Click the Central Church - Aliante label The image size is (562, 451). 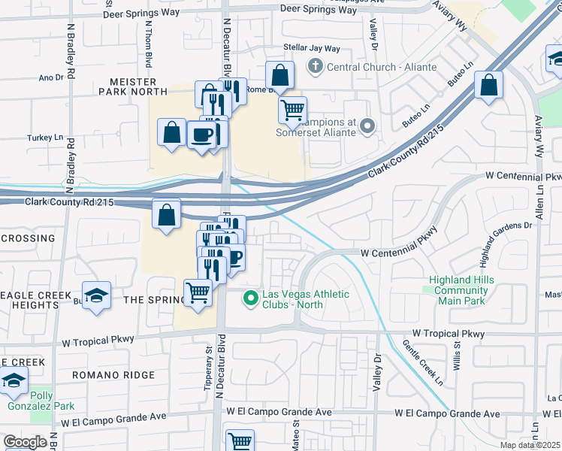coord(382,67)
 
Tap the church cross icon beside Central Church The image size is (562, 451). coord(315,67)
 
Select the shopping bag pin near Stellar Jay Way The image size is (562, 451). coord(279,76)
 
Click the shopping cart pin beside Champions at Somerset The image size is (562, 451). coord(292,110)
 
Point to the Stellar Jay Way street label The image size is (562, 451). coord(312,48)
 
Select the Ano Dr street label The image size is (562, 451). coord(50,77)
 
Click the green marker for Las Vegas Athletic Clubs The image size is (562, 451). coord(251,299)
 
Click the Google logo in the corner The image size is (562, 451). coord(25,442)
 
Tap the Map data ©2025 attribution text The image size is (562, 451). coord(530,446)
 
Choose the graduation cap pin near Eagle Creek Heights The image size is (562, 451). coord(96,295)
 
